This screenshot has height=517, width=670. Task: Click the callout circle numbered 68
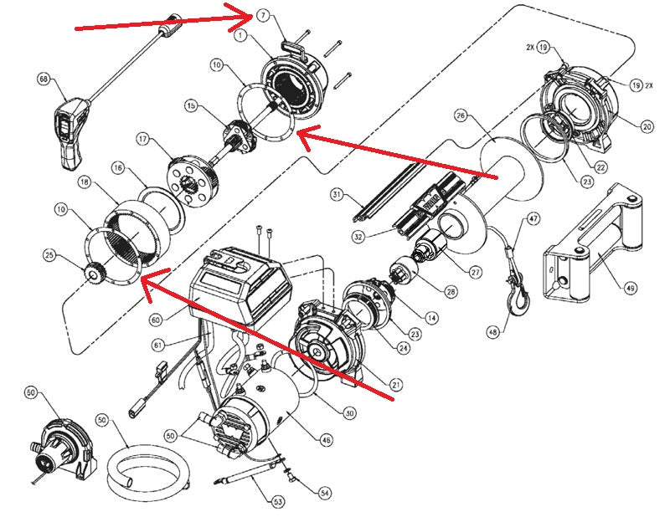pyautogui.click(x=44, y=79)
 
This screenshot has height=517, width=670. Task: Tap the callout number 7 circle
pyautogui.click(x=263, y=16)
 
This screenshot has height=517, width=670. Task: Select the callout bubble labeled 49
pyautogui.click(x=631, y=288)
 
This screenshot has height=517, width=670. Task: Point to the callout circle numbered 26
pyautogui.click(x=461, y=115)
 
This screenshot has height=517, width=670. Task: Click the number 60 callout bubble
pyautogui.click(x=157, y=320)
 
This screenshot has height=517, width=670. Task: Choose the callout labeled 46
pyautogui.click(x=326, y=440)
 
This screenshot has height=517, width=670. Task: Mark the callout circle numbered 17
pyautogui.click(x=142, y=139)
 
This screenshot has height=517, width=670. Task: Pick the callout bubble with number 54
pyautogui.click(x=325, y=493)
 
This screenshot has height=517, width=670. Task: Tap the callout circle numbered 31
pyautogui.click(x=337, y=195)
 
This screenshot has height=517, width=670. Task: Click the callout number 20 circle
pyautogui.click(x=647, y=126)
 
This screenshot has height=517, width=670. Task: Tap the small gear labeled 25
pyautogui.click(x=93, y=274)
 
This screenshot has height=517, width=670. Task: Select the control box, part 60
pyautogui.click(x=240, y=284)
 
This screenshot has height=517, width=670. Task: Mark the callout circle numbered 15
pyautogui.click(x=191, y=105)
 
